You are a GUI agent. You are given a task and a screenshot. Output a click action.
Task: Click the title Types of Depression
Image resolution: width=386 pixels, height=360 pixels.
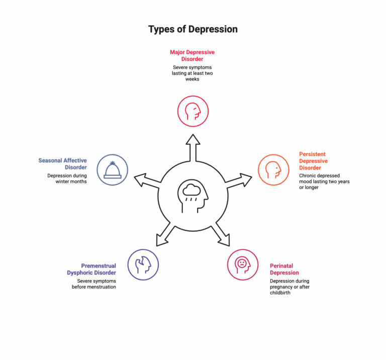tap(193, 29)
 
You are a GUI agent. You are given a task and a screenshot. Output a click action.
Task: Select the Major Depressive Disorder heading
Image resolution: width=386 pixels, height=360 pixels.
tap(192, 56)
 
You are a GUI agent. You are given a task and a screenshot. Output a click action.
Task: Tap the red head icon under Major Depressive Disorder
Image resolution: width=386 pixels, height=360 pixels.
tap(193, 111)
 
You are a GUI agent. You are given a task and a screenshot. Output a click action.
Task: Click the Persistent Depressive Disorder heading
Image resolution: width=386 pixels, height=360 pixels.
tap(314, 161)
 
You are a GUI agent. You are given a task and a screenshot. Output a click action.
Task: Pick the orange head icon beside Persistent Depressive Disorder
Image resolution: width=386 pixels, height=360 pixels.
tap(273, 170)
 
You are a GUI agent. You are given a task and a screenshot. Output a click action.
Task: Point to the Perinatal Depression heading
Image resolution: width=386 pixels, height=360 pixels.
tap(284, 269)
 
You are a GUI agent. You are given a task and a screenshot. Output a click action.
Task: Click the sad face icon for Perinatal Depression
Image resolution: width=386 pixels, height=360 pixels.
tap(243, 264)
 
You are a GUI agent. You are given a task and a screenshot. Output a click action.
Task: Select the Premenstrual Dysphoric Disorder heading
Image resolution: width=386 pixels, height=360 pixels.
tap(91, 269)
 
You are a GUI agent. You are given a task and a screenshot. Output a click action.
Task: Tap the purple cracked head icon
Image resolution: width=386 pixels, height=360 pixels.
tap(143, 264)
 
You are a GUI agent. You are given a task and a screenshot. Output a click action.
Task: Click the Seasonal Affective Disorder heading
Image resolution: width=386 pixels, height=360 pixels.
tap(62, 164)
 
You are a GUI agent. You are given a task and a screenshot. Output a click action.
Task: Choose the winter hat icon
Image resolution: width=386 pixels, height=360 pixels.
tap(112, 170)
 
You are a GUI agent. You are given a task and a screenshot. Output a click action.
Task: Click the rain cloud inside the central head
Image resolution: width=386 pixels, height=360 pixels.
tap(191, 190)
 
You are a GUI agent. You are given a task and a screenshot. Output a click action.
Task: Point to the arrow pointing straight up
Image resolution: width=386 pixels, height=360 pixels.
tap(193, 148)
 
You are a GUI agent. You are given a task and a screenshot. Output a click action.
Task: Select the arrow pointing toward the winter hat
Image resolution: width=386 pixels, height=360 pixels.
tap(147, 180)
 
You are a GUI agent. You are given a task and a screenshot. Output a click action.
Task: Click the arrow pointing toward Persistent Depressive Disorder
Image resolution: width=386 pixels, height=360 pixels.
tap(239, 180)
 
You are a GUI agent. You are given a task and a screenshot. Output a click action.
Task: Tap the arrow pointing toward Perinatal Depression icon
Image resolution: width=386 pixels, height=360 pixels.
tap(221, 234)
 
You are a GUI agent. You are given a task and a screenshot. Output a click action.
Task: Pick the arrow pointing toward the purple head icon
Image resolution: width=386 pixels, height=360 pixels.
tap(165, 234)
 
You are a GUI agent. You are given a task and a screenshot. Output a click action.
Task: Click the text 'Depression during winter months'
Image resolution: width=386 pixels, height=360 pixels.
tap(67, 178)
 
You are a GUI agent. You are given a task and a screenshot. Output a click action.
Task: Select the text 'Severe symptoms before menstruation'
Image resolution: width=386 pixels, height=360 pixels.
tap(94, 284)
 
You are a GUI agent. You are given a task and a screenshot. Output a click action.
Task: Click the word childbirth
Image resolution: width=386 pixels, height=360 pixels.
tap(280, 293)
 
